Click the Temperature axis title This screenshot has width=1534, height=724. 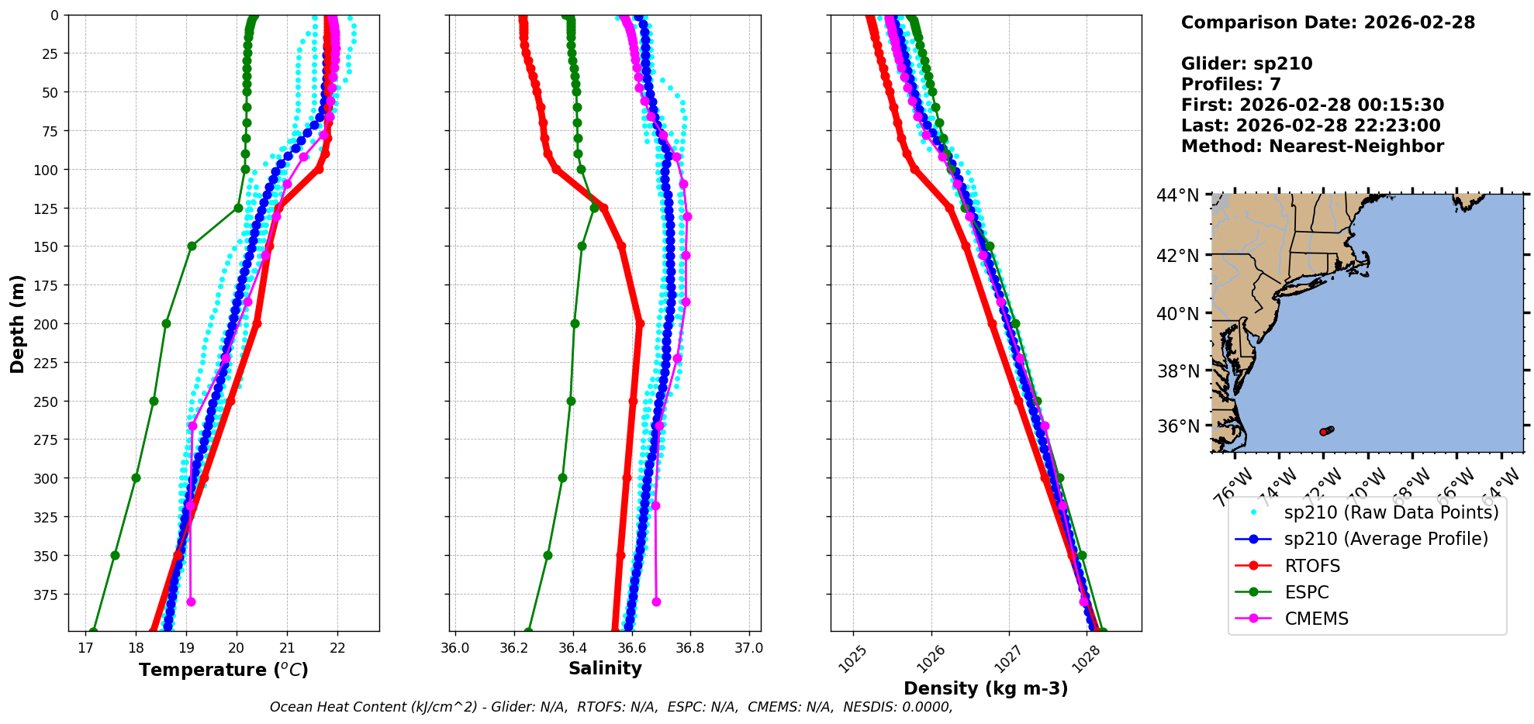(x=223, y=670)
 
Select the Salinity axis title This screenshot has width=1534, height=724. (x=605, y=668)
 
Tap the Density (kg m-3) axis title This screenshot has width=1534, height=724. (x=986, y=688)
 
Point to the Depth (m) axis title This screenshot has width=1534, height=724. (x=17, y=323)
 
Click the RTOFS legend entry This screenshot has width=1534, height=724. (x=1312, y=566)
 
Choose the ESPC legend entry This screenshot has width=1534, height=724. (x=1307, y=592)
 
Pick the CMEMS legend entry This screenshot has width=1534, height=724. (x=1316, y=619)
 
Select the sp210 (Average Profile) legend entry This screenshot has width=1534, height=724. (x=1386, y=539)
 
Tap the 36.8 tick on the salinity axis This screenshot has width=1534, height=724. (x=689, y=648)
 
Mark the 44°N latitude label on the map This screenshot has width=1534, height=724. (x=1177, y=195)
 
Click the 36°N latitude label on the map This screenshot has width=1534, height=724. (x=1177, y=426)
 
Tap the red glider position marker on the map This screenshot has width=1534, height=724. (x=1323, y=432)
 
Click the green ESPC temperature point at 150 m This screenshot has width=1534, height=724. (x=192, y=247)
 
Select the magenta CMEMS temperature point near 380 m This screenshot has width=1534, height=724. (x=191, y=602)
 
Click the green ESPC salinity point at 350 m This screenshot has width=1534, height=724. (x=548, y=555)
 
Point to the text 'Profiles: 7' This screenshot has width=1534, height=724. (x=1231, y=84)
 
